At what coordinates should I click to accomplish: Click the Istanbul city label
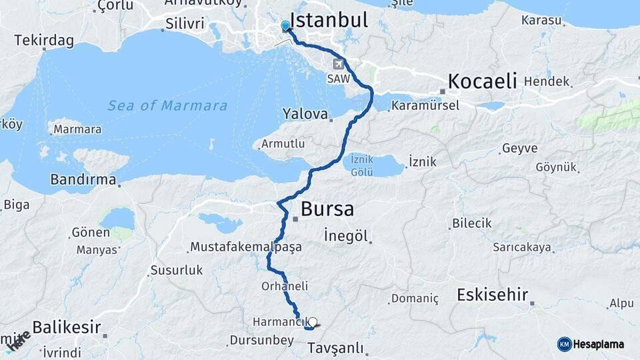pos(329,20)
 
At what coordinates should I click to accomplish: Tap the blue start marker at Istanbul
pos(285,26)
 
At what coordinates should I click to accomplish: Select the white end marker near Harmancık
pos(312,322)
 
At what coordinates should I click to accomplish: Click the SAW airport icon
pos(339,64)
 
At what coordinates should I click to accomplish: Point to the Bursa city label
pos(327,209)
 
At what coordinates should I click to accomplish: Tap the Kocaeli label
pos(482,81)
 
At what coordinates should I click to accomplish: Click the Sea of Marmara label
pos(167,105)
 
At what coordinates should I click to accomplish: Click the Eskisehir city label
pos(492,295)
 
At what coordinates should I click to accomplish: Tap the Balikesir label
pos(67,327)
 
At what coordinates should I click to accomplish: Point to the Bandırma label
pos(83,180)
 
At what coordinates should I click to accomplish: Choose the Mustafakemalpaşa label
pos(245,247)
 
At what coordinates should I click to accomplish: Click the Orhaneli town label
pos(285,286)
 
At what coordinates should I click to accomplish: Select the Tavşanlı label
pos(335,348)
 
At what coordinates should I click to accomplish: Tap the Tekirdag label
pos(43,39)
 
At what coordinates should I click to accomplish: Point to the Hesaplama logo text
pos(599,345)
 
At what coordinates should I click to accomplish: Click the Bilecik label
pos(471,223)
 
